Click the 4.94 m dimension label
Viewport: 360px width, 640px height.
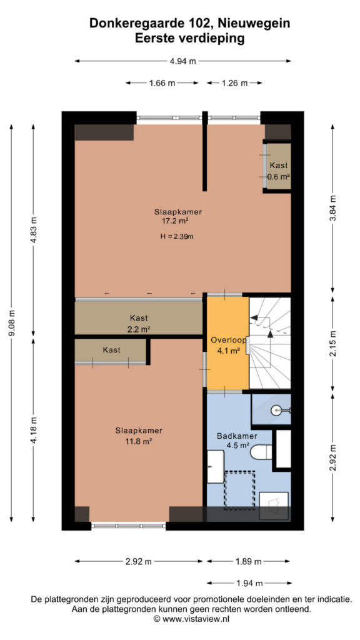(x=182, y=61)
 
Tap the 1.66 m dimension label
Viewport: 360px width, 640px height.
(x=162, y=83)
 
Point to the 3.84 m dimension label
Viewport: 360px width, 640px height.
(x=333, y=208)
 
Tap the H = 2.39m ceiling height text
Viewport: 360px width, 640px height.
(x=177, y=236)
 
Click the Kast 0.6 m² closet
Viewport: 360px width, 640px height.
(x=277, y=166)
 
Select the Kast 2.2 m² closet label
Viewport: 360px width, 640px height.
(x=139, y=324)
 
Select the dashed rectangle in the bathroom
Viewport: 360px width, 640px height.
(x=239, y=490)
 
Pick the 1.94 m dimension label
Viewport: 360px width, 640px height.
(x=248, y=583)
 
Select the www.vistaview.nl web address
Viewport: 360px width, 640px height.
(x=196, y=619)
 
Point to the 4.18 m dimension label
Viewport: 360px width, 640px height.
(x=34, y=429)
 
